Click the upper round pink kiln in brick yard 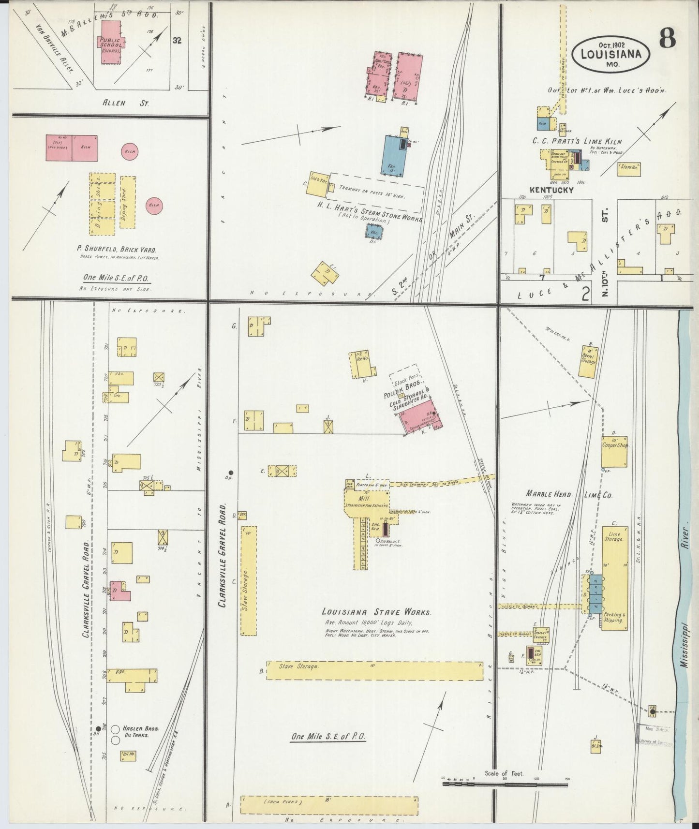tap(129, 151)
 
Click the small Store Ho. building tap(628, 168)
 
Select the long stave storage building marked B tap(374, 670)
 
